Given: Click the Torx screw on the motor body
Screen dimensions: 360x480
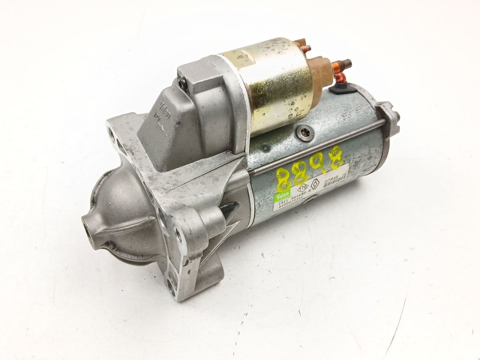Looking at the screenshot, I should [305, 134].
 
